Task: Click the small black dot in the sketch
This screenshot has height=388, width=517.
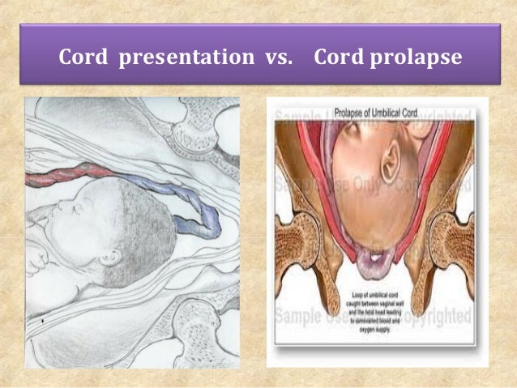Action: (x=42, y=320)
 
